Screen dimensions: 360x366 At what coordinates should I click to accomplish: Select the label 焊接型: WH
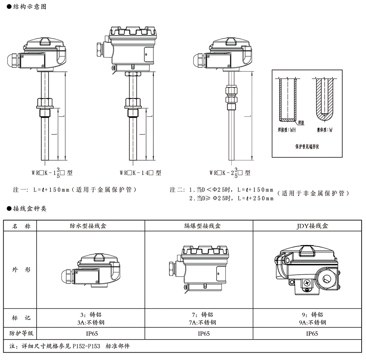(287, 130)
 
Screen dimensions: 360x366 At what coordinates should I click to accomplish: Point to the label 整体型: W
(325, 130)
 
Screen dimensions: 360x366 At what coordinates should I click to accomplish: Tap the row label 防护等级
(20, 333)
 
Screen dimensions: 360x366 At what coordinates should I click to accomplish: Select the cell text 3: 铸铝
(90, 315)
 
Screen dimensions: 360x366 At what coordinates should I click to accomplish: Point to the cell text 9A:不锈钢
(312, 323)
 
